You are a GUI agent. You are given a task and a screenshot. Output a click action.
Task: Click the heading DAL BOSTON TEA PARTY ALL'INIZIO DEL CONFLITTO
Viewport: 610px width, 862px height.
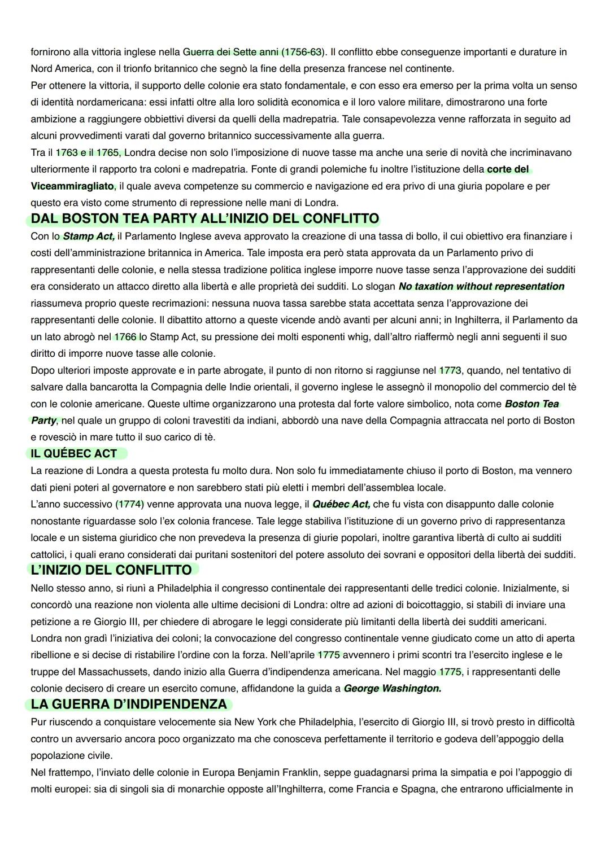pyautogui.click(x=204, y=218)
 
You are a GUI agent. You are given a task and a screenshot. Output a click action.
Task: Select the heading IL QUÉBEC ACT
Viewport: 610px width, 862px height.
pyautogui.click(x=74, y=454)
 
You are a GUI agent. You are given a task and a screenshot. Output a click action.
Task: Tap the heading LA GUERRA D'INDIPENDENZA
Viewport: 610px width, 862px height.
pyautogui.click(x=129, y=705)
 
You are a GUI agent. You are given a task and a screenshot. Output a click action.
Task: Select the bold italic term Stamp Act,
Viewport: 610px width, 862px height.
pyautogui.click(x=89, y=236)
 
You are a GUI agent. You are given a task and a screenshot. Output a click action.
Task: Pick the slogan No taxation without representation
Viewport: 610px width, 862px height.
pyautogui.click(x=481, y=286)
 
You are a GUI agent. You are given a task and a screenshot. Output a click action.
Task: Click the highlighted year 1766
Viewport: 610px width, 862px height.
pyautogui.click(x=125, y=337)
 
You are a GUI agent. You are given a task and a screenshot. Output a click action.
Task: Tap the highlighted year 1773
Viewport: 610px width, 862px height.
pyautogui.click(x=450, y=370)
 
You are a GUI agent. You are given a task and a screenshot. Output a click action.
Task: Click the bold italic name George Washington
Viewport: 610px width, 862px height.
pyautogui.click(x=392, y=689)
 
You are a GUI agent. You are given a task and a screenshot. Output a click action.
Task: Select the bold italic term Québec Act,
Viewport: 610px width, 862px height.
pyautogui.click(x=341, y=504)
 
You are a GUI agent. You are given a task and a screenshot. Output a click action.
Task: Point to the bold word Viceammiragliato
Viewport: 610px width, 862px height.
pyautogui.click(x=73, y=186)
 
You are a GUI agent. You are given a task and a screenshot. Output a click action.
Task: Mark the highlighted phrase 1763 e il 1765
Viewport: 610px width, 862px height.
pyautogui.click(x=88, y=152)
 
